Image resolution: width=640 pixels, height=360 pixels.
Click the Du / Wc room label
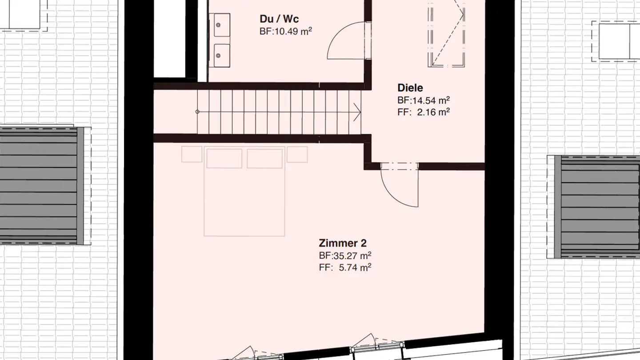[x=279, y=19]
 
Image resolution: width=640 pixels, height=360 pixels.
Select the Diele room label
[x=410, y=88]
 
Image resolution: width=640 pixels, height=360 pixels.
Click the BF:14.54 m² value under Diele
[x=423, y=100]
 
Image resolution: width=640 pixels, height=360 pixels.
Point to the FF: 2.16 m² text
[x=423, y=112]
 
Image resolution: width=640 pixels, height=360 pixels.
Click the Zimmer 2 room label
[x=343, y=243]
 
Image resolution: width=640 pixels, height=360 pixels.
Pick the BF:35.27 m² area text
[x=345, y=256]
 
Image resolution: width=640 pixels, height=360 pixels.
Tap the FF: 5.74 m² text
[x=345, y=267]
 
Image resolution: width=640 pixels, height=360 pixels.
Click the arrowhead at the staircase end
[x=356, y=112]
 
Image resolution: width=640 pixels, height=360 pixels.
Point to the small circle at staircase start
[x=198, y=112]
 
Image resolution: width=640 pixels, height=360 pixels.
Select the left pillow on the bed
[x=224, y=158]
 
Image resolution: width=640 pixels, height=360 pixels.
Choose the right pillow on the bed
[x=264, y=158]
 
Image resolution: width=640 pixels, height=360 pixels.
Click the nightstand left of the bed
[x=192, y=154]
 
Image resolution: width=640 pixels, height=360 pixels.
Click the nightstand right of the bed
[x=297, y=154]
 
